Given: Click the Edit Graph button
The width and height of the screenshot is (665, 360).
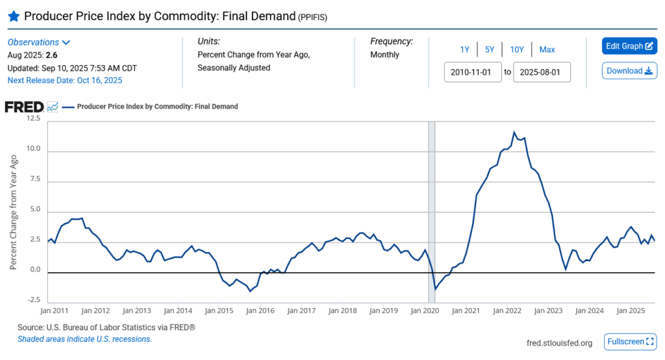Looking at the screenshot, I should pyautogui.click(x=629, y=46).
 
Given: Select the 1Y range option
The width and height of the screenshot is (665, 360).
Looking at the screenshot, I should pyautogui.click(x=464, y=49).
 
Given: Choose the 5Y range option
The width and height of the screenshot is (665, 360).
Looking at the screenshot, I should pyautogui.click(x=490, y=49).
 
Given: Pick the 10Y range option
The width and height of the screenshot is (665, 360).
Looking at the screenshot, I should pyautogui.click(x=517, y=49).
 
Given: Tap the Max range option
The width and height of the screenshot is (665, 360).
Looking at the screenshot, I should pyautogui.click(x=547, y=49).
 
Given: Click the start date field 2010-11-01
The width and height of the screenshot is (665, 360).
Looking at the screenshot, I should pyautogui.click(x=472, y=71).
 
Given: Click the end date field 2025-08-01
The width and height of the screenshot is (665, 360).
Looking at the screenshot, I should pyautogui.click(x=542, y=71).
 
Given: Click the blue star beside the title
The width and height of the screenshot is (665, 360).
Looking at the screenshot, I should pyautogui.click(x=14, y=16).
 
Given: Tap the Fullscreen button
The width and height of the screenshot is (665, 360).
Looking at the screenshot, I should pyautogui.click(x=630, y=342).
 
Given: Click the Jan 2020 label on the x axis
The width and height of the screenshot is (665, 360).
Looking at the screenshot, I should pyautogui.click(x=425, y=311).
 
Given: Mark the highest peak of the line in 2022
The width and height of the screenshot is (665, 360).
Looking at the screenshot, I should pyautogui.click(x=514, y=133).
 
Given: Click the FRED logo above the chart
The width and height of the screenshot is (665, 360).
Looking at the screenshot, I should pyautogui.click(x=24, y=107).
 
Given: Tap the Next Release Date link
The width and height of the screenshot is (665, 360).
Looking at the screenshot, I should pyautogui.click(x=64, y=81).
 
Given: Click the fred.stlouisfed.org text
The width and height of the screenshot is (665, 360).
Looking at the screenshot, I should pyautogui.click(x=559, y=343).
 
